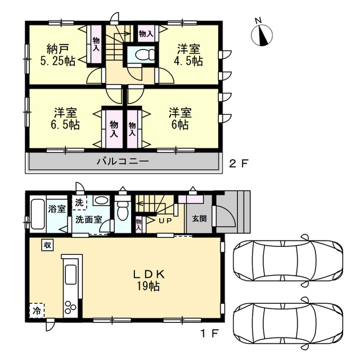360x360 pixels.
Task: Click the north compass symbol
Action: (x=262, y=35)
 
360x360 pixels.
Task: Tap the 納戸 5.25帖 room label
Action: (x=58, y=55)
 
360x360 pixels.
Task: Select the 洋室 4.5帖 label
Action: (x=188, y=55)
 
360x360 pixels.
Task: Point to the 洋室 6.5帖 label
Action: (x=65, y=118)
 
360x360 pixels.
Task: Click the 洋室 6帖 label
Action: (x=180, y=118)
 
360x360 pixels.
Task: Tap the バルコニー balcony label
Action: (x=123, y=161)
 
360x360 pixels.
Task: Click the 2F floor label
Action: (x=239, y=164)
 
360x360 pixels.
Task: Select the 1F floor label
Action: (x=210, y=334)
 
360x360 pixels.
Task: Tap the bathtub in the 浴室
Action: (x=38, y=214)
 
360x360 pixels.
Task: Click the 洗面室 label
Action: (x=89, y=220)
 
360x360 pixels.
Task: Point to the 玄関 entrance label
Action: (x=199, y=219)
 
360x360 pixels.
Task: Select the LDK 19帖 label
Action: (x=148, y=280)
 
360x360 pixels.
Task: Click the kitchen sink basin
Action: (x=70, y=274)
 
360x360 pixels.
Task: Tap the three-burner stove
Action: (x=70, y=307)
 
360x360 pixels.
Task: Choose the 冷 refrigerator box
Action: (x=37, y=310)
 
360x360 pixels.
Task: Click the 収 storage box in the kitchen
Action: (x=47, y=245)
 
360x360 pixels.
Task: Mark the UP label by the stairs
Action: (x=165, y=221)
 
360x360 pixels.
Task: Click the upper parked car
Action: (x=288, y=260)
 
